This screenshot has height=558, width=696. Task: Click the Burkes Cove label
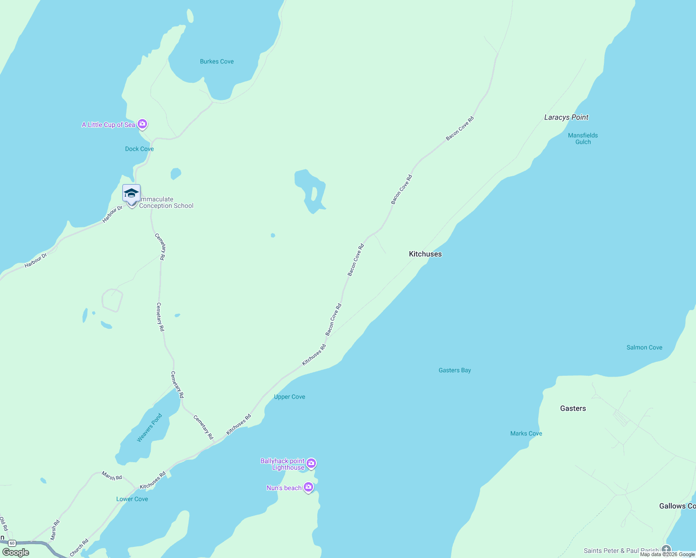pos(217,61)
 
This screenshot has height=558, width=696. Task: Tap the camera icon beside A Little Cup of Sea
pos(143,124)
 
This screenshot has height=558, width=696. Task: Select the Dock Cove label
pos(139,149)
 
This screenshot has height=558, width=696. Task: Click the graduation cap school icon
pos(131,193)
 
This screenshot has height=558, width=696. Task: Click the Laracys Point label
pos(566,117)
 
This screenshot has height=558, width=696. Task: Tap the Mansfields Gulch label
pos(582,139)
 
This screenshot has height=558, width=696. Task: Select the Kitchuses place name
pos(425,254)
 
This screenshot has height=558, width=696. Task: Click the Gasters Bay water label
pos(455,370)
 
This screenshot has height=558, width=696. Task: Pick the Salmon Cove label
pos(644,347)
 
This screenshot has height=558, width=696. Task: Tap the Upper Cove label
pos(289,397)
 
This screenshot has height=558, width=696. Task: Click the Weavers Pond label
pos(149,428)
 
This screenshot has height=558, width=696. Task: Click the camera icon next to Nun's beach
pos(308,487)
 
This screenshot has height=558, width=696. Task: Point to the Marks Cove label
pos(526,433)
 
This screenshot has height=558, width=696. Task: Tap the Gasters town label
pos(573,408)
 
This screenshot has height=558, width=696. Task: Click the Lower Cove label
pos(132,499)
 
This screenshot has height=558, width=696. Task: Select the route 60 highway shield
pos(12,543)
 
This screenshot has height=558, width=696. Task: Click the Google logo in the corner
pos(16,552)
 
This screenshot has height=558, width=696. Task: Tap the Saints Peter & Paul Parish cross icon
pos(666,549)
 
